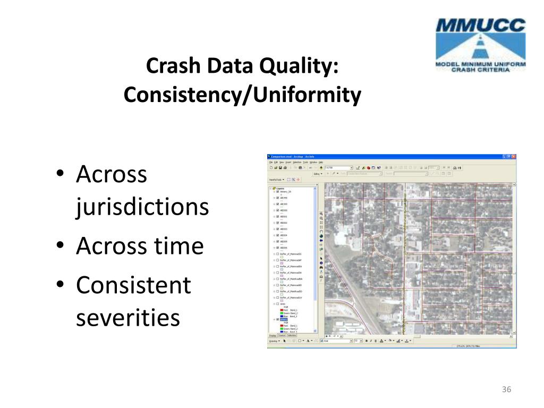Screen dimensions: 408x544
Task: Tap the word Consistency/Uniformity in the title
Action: pyautogui.click(x=242, y=95)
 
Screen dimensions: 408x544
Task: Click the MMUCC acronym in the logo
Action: pyautogui.click(x=480, y=25)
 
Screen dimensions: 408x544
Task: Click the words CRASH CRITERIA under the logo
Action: pyautogui.click(x=480, y=69)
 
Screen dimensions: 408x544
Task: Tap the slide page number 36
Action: pyautogui.click(x=506, y=390)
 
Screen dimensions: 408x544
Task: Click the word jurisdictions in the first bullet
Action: pyautogui.click(x=142, y=207)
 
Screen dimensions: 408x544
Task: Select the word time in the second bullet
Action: pyautogui.click(x=178, y=246)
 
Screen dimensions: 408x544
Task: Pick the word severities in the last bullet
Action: pyautogui.click(x=127, y=318)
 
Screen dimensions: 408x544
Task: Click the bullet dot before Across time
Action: pyautogui.click(x=61, y=246)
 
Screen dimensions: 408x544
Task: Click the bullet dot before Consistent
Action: pyautogui.click(x=61, y=286)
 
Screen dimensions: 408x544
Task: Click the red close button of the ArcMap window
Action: pyautogui.click(x=513, y=157)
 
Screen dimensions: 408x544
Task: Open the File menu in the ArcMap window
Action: pyautogui.click(x=270, y=162)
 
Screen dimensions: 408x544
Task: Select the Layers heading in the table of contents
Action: pyautogui.click(x=280, y=189)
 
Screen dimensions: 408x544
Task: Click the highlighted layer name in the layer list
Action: pyautogui.click(x=284, y=320)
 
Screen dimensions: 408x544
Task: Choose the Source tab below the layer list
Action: pyautogui.click(x=282, y=335)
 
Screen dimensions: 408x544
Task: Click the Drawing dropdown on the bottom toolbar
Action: pyautogui.click(x=274, y=341)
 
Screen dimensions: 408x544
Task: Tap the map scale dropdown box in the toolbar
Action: pyautogui.click(x=339, y=167)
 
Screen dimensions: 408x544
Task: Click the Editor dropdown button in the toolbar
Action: pyautogui.click(x=318, y=173)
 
